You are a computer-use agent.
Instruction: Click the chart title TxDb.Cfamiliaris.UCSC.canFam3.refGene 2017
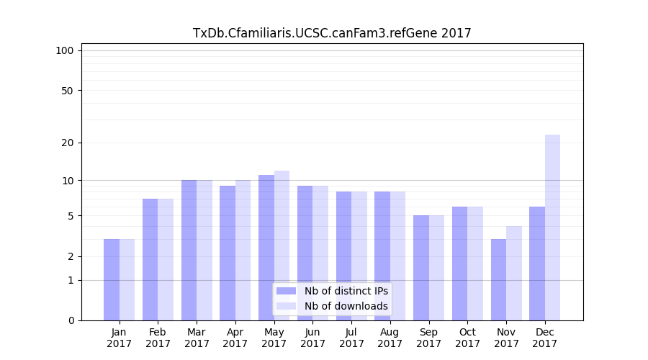332,33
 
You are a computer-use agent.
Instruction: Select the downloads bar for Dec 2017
552,228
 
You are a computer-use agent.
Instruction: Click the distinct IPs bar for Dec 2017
537,264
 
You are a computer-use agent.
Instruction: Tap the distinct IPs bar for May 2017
266,248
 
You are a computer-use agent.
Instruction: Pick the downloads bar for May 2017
282,246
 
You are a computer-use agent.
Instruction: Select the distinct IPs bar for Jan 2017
112,279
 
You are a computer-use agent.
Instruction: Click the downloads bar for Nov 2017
514,273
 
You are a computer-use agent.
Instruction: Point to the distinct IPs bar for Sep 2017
421,268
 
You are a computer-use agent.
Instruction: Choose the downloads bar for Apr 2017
243,250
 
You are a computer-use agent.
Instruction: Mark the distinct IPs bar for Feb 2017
150,259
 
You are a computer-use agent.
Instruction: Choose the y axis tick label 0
71,320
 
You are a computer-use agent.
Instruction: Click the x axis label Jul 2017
351,338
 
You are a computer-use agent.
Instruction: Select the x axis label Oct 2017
467,338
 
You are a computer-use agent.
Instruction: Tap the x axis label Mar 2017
197,338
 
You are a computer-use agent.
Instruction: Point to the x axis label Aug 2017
390,338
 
